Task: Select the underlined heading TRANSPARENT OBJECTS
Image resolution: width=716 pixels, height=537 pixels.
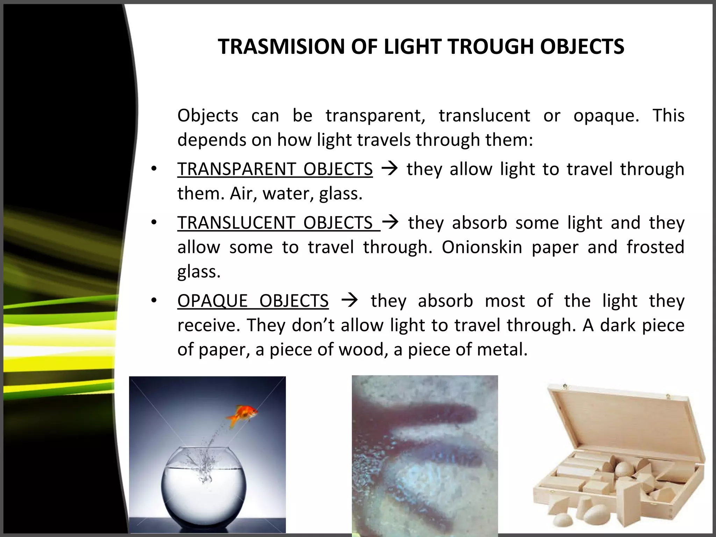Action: pyautogui.click(x=275, y=169)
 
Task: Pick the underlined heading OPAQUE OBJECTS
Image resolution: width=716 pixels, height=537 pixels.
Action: pyautogui.click(x=253, y=301)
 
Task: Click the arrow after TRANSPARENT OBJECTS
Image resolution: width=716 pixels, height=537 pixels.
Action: pyautogui.click(x=389, y=169)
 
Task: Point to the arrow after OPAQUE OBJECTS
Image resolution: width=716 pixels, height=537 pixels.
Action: pyautogui.click(x=349, y=300)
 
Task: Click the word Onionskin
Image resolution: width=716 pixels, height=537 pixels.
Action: pyautogui.click(x=482, y=247)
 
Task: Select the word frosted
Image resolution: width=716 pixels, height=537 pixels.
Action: pyautogui.click(x=655, y=247)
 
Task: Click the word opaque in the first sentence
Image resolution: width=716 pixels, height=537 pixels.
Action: pyautogui.click(x=606, y=116)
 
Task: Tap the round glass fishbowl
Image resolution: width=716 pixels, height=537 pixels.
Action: pyautogui.click(x=204, y=489)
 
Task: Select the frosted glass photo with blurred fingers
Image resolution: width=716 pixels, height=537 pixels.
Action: pyautogui.click(x=424, y=454)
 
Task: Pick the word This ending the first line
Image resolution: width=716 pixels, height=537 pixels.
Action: pyautogui.click(x=668, y=116)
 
